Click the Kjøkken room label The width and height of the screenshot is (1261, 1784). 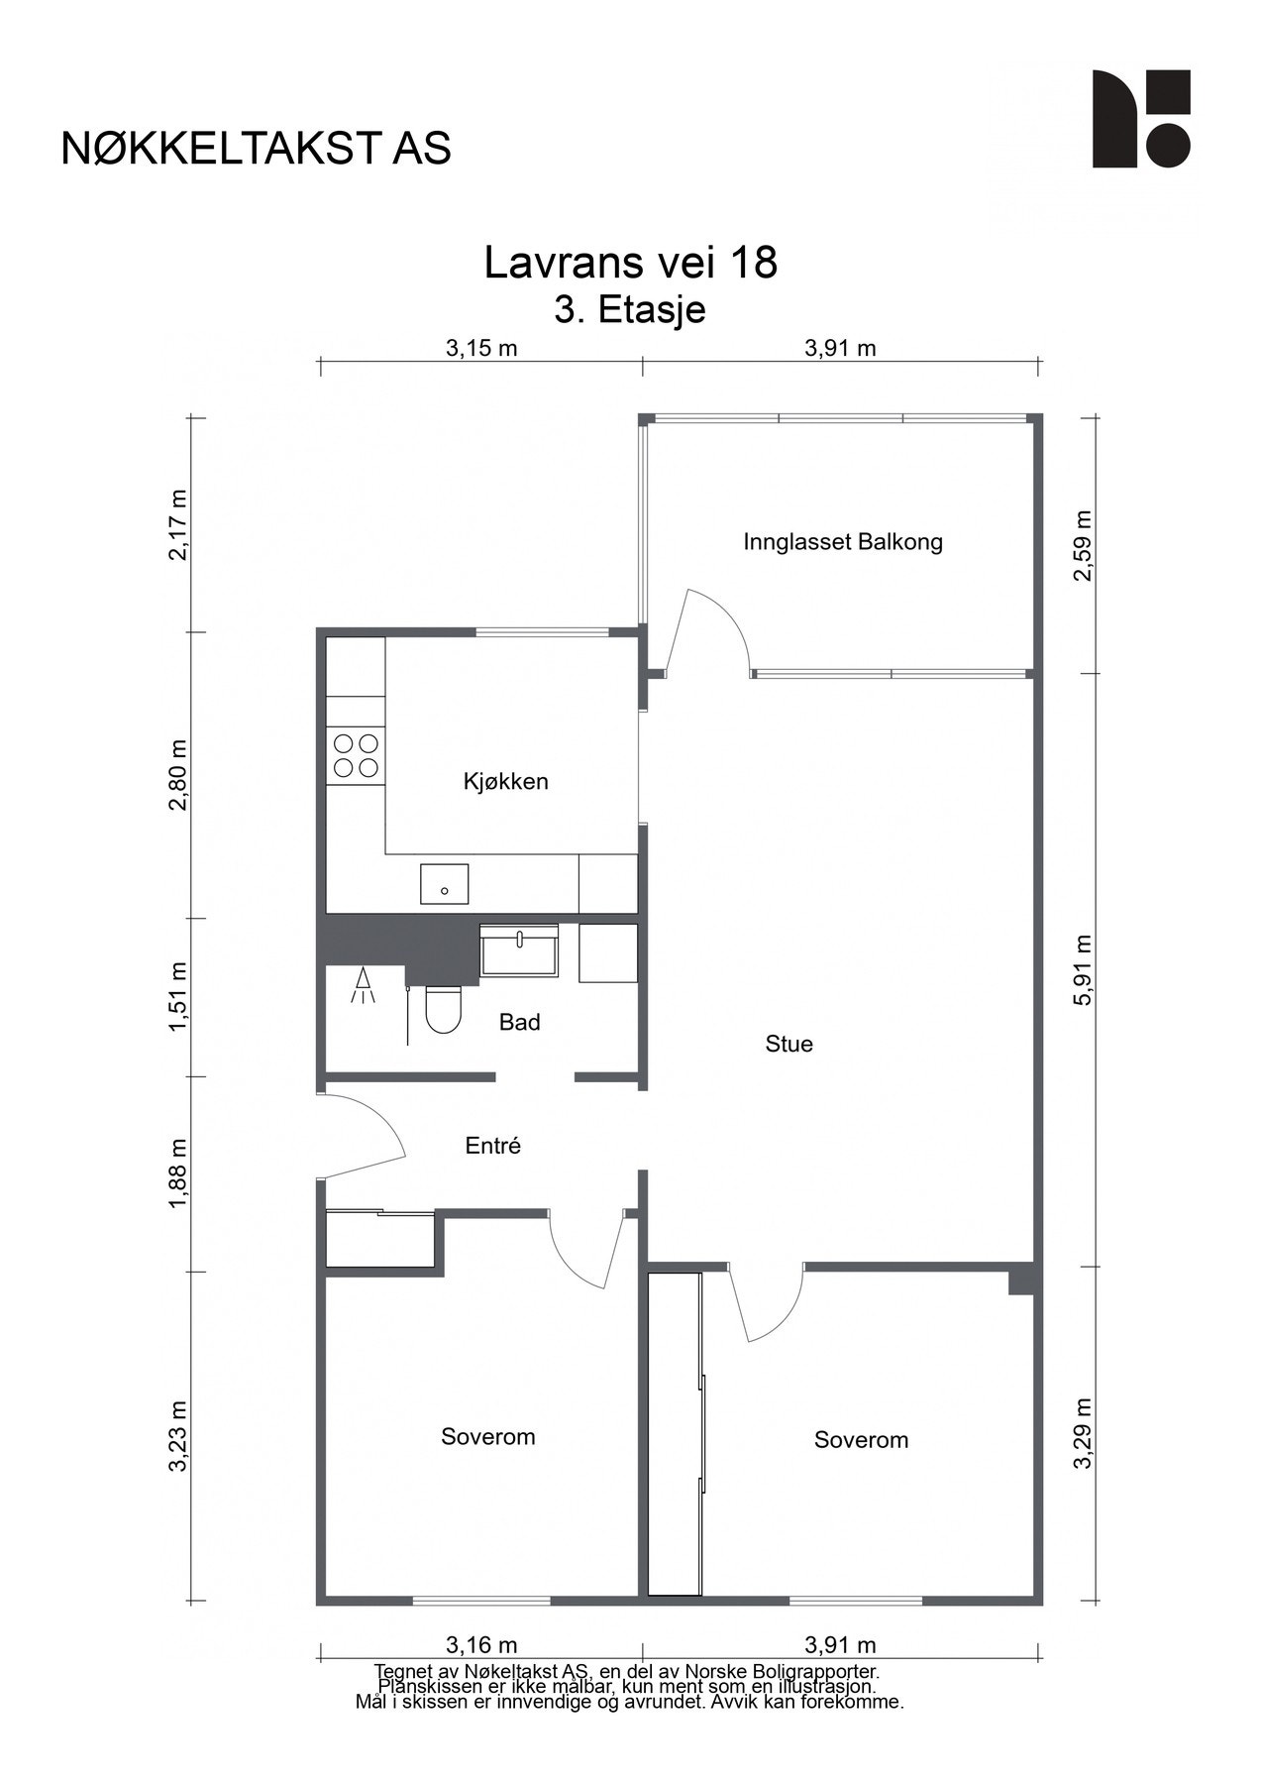click(505, 782)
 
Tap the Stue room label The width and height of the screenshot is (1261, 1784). click(788, 1044)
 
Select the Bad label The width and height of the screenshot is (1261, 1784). click(519, 1022)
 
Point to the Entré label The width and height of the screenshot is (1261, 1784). click(492, 1146)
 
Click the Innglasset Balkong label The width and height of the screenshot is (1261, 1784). click(843, 542)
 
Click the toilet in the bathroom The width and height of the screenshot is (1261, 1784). click(442, 1009)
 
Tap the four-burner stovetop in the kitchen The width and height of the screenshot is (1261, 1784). click(356, 754)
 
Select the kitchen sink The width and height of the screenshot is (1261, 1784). click(444, 883)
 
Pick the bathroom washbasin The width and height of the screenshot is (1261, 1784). click(519, 949)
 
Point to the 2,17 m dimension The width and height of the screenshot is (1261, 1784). click(177, 524)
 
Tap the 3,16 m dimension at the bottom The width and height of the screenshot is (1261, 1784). click(481, 1646)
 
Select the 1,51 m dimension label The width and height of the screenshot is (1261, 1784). click(177, 997)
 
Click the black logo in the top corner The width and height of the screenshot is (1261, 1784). click(1141, 118)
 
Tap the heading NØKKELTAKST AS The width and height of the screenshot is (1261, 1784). click(257, 148)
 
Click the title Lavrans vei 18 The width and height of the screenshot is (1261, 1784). click(631, 263)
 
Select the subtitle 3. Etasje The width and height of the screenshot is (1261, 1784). click(630, 309)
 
